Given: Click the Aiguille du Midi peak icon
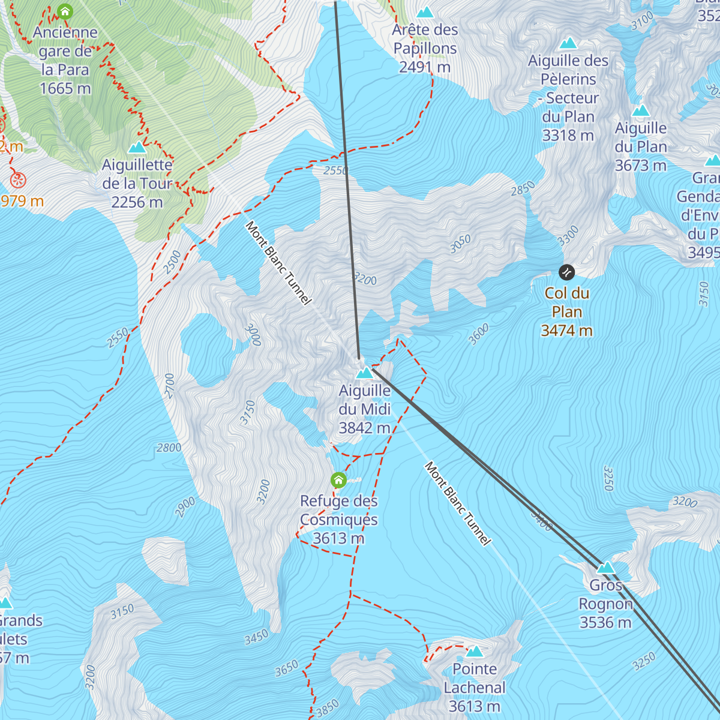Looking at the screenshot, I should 364,373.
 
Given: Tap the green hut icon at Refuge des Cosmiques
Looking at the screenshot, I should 339,480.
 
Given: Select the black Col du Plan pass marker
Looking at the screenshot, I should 566,273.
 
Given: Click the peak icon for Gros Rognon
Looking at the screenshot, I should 605,568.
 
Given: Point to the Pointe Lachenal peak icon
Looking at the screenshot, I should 475,652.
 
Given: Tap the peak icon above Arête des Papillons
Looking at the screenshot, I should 425,13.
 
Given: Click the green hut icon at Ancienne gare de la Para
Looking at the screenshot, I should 65,11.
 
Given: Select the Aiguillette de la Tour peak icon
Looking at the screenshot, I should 137,148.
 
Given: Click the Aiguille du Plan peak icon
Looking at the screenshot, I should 641,111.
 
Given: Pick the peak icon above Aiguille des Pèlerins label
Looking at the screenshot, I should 568,44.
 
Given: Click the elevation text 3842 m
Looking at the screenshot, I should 364,428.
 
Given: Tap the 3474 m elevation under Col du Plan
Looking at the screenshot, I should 566,331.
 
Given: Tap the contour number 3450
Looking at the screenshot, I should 256,638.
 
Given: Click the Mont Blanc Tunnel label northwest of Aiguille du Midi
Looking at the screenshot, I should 279,263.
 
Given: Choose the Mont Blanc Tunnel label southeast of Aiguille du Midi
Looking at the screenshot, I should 458,503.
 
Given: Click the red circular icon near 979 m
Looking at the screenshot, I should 18,179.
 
